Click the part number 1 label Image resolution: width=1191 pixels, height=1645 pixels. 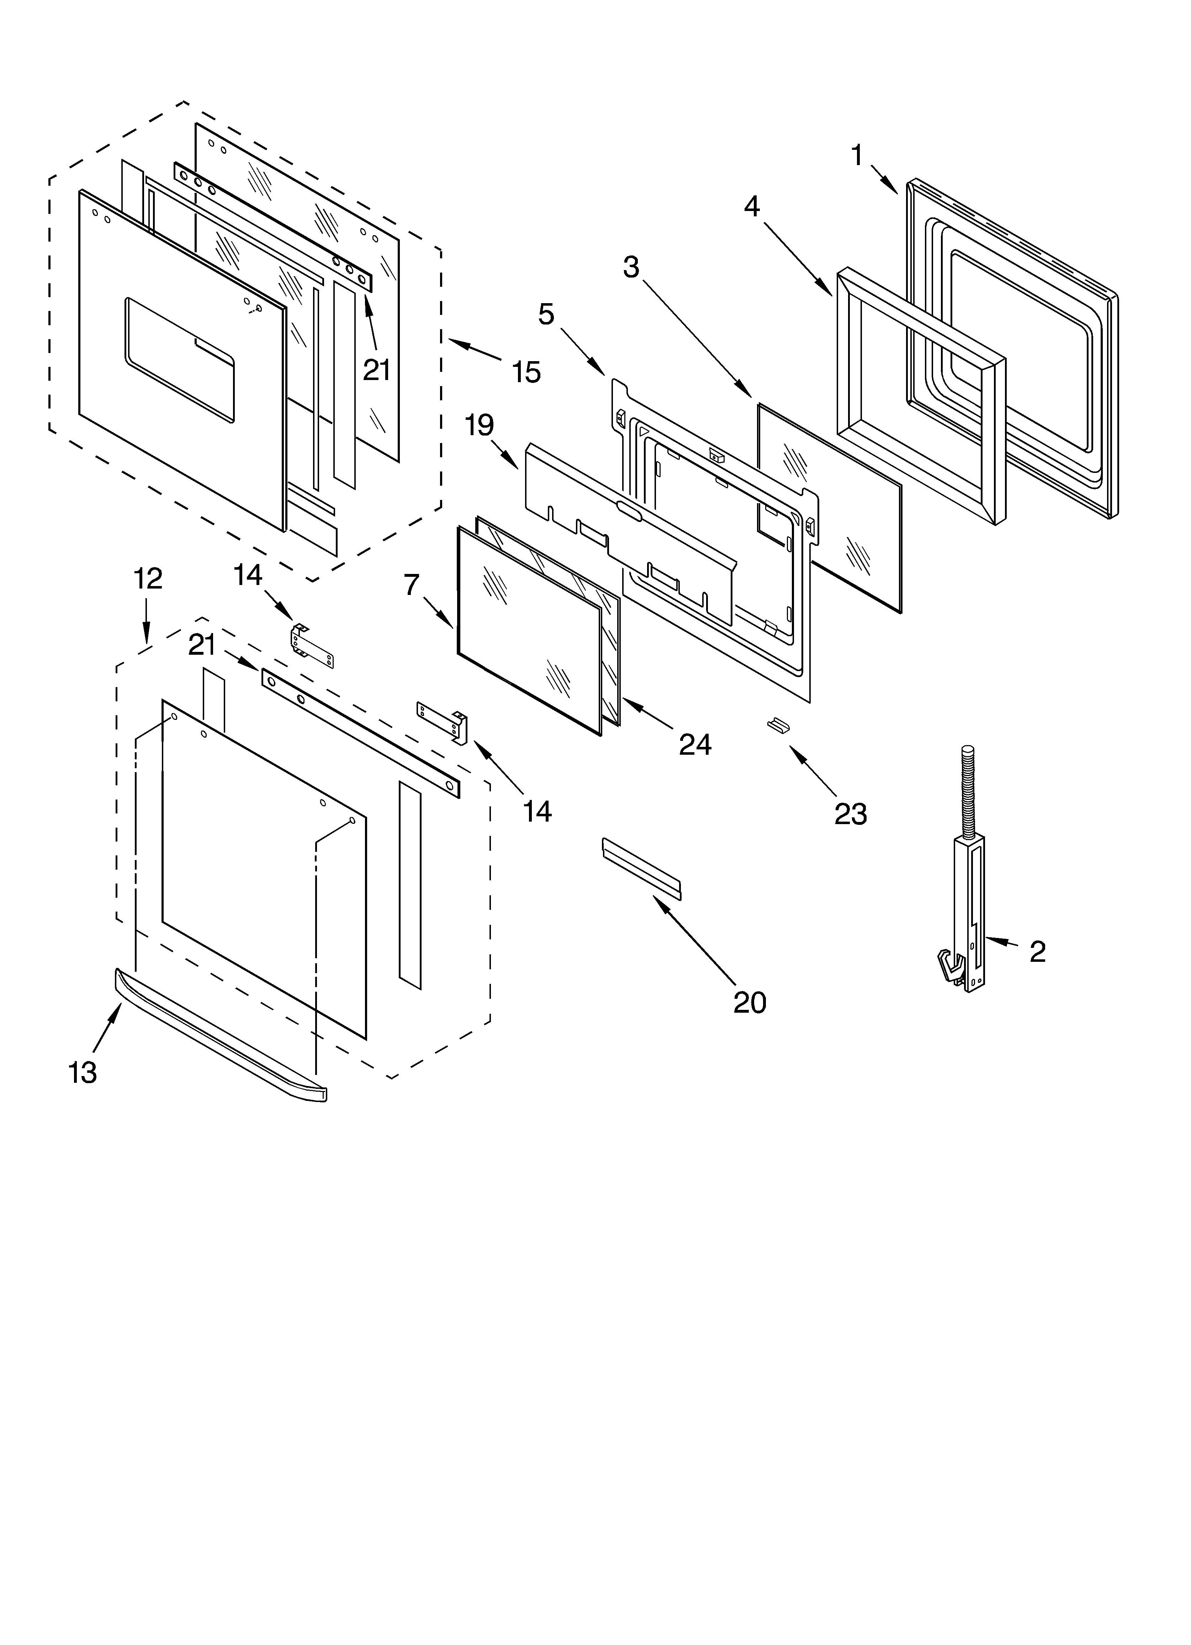[857, 155]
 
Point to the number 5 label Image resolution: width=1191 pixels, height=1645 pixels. [546, 314]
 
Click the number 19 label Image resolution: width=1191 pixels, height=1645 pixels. [480, 425]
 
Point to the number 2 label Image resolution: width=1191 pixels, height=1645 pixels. [1037, 951]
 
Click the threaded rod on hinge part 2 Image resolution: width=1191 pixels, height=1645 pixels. [967, 791]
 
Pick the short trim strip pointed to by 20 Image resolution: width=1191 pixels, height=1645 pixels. [641, 868]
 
